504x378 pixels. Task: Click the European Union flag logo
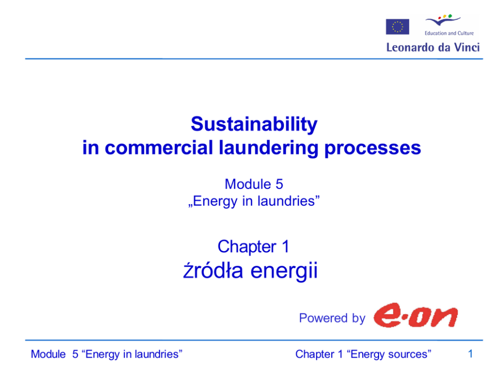click(397, 27)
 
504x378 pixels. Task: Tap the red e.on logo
click(415, 316)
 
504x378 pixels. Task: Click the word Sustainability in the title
click(254, 124)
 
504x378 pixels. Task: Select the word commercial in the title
click(159, 148)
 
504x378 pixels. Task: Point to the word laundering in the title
click(269, 148)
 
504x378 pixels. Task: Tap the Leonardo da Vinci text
click(433, 48)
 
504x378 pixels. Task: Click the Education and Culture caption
click(449, 33)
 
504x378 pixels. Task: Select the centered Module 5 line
click(254, 184)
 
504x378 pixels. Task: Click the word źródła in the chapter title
click(213, 270)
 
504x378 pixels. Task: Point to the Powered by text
click(332, 318)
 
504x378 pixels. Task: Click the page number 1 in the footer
click(470, 354)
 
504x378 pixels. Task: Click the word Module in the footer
click(48, 354)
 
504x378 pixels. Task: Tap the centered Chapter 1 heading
click(254, 247)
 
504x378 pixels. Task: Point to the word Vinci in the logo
click(466, 48)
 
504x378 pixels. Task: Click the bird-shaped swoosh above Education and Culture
click(443, 20)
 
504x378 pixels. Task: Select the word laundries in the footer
click(156, 354)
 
